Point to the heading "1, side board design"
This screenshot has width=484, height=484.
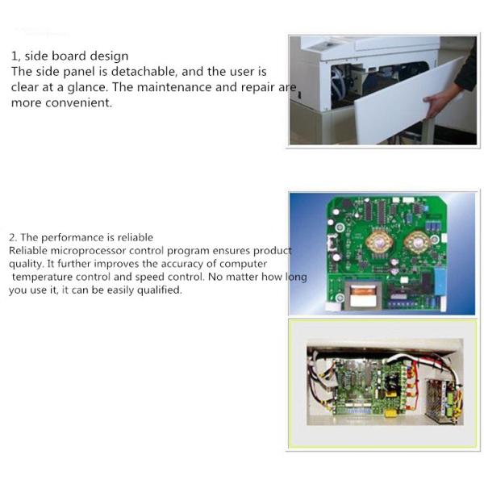pos(69,56)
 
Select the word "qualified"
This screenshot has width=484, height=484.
pos(159,290)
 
